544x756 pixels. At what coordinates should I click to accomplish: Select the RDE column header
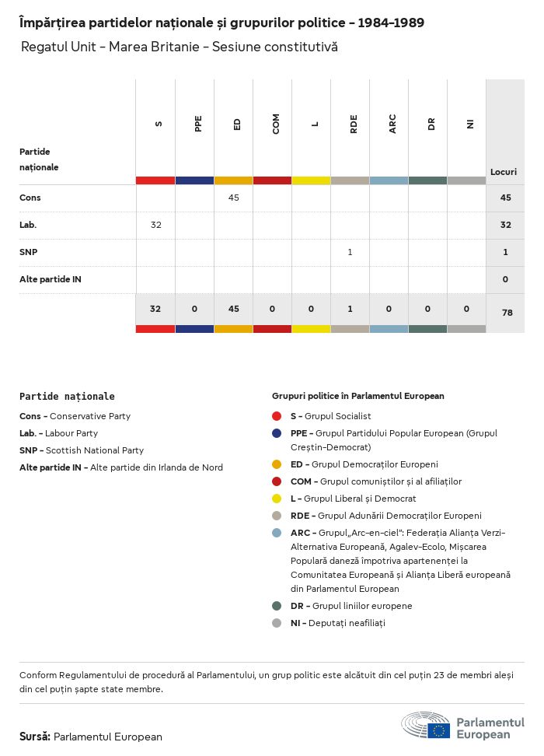[x=354, y=123]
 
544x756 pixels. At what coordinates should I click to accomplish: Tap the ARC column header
[x=392, y=123]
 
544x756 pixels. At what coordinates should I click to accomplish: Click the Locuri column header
[x=504, y=172]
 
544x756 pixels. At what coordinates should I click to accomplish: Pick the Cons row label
[x=30, y=198]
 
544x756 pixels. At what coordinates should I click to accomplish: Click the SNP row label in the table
[x=29, y=252]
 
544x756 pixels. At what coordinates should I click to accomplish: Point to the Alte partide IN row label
[x=51, y=279]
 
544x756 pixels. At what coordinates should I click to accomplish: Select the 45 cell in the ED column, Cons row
[x=234, y=198]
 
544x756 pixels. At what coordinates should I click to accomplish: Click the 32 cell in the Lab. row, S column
[x=156, y=225]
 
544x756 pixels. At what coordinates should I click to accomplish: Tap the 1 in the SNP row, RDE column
[x=350, y=252]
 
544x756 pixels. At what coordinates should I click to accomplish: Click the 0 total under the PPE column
[x=194, y=309]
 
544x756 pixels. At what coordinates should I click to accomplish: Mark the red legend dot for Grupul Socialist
[x=277, y=416]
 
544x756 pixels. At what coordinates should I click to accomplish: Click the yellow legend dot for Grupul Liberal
[x=277, y=499]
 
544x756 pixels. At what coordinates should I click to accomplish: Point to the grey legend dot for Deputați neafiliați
[x=277, y=623]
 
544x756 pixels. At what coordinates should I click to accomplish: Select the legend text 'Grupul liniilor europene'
[x=362, y=606]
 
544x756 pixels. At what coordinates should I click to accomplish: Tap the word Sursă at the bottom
[x=35, y=737]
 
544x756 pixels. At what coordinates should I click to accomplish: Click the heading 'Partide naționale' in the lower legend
[x=67, y=397]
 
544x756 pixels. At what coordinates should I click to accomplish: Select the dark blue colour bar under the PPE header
[x=194, y=180]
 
